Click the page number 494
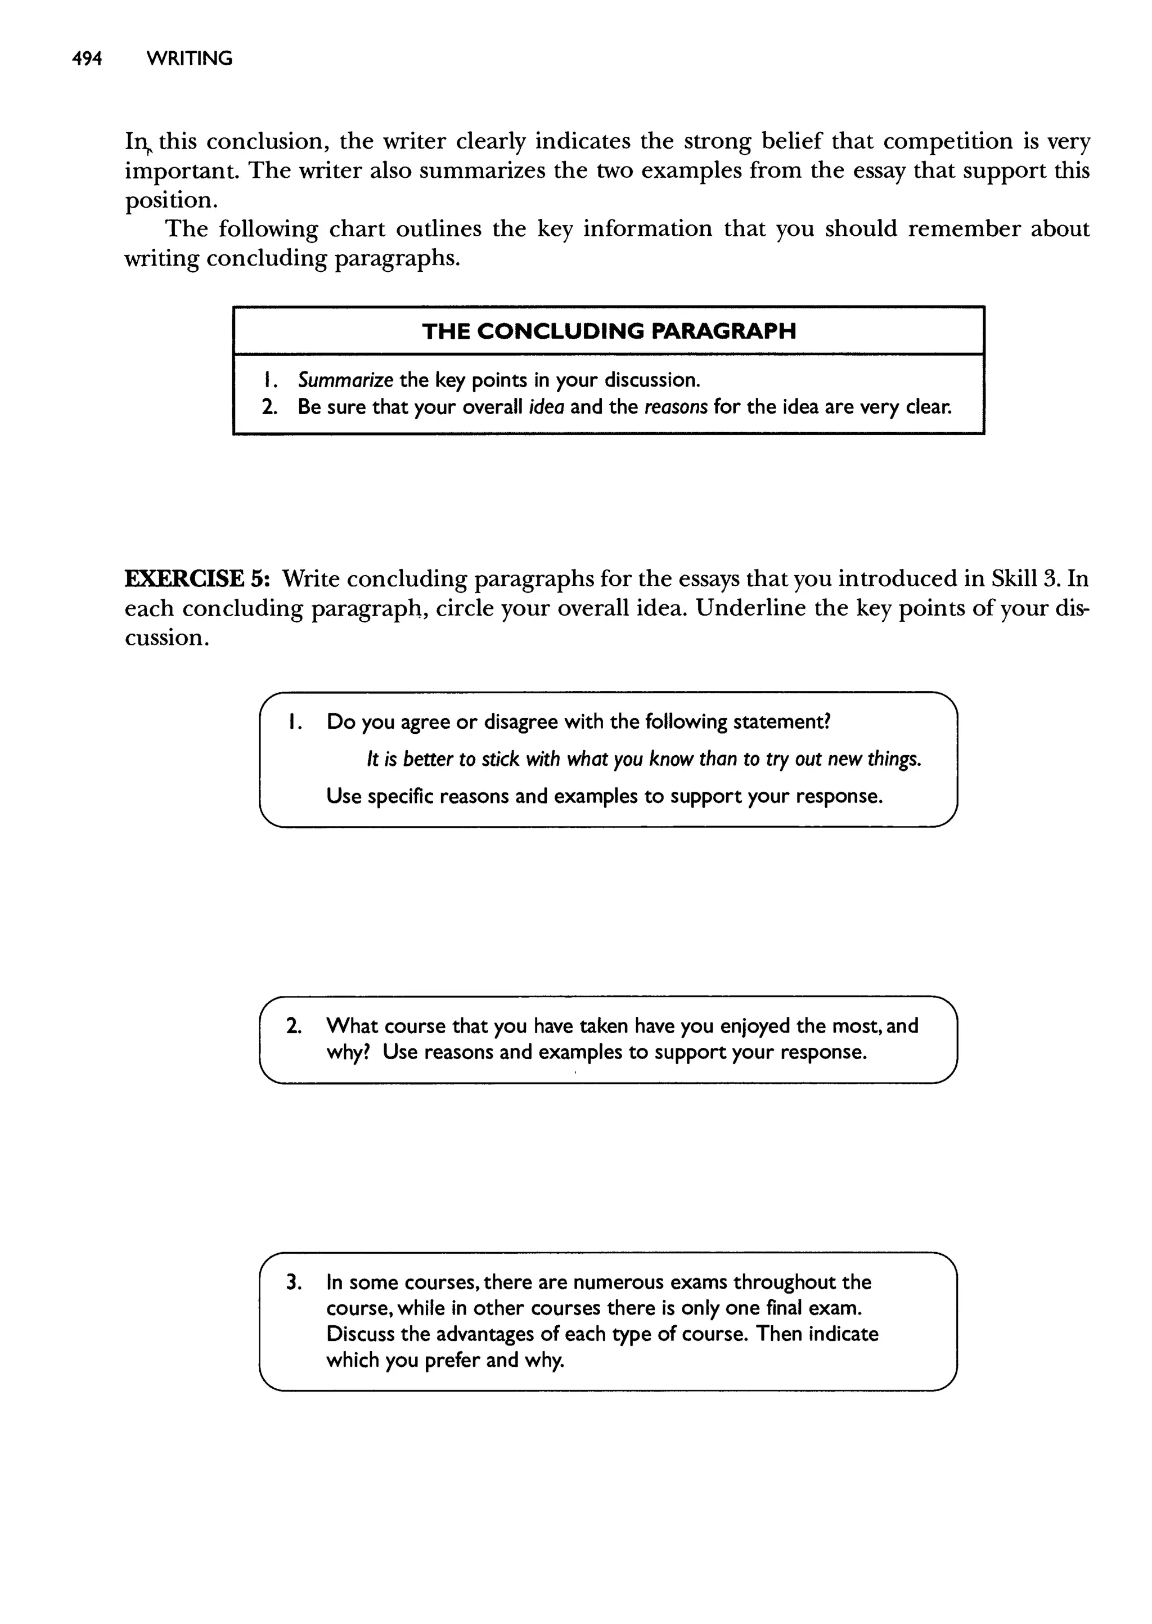point(87,58)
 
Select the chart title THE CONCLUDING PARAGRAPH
point(609,331)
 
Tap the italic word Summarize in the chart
point(345,380)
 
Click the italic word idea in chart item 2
point(546,407)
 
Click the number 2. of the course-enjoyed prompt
point(294,1026)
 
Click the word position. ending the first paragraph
point(171,201)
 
